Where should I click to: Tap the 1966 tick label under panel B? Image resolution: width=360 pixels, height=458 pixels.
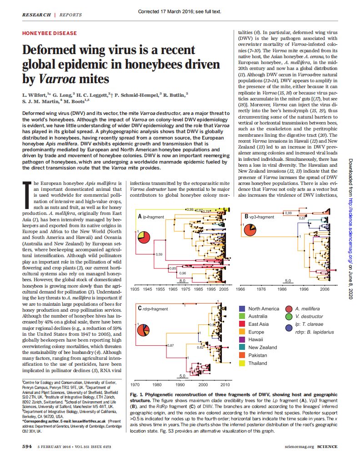[241, 289]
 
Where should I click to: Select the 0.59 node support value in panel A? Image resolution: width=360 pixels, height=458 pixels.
[160, 254]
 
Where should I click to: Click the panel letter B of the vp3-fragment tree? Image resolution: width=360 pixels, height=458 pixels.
[246, 216]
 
